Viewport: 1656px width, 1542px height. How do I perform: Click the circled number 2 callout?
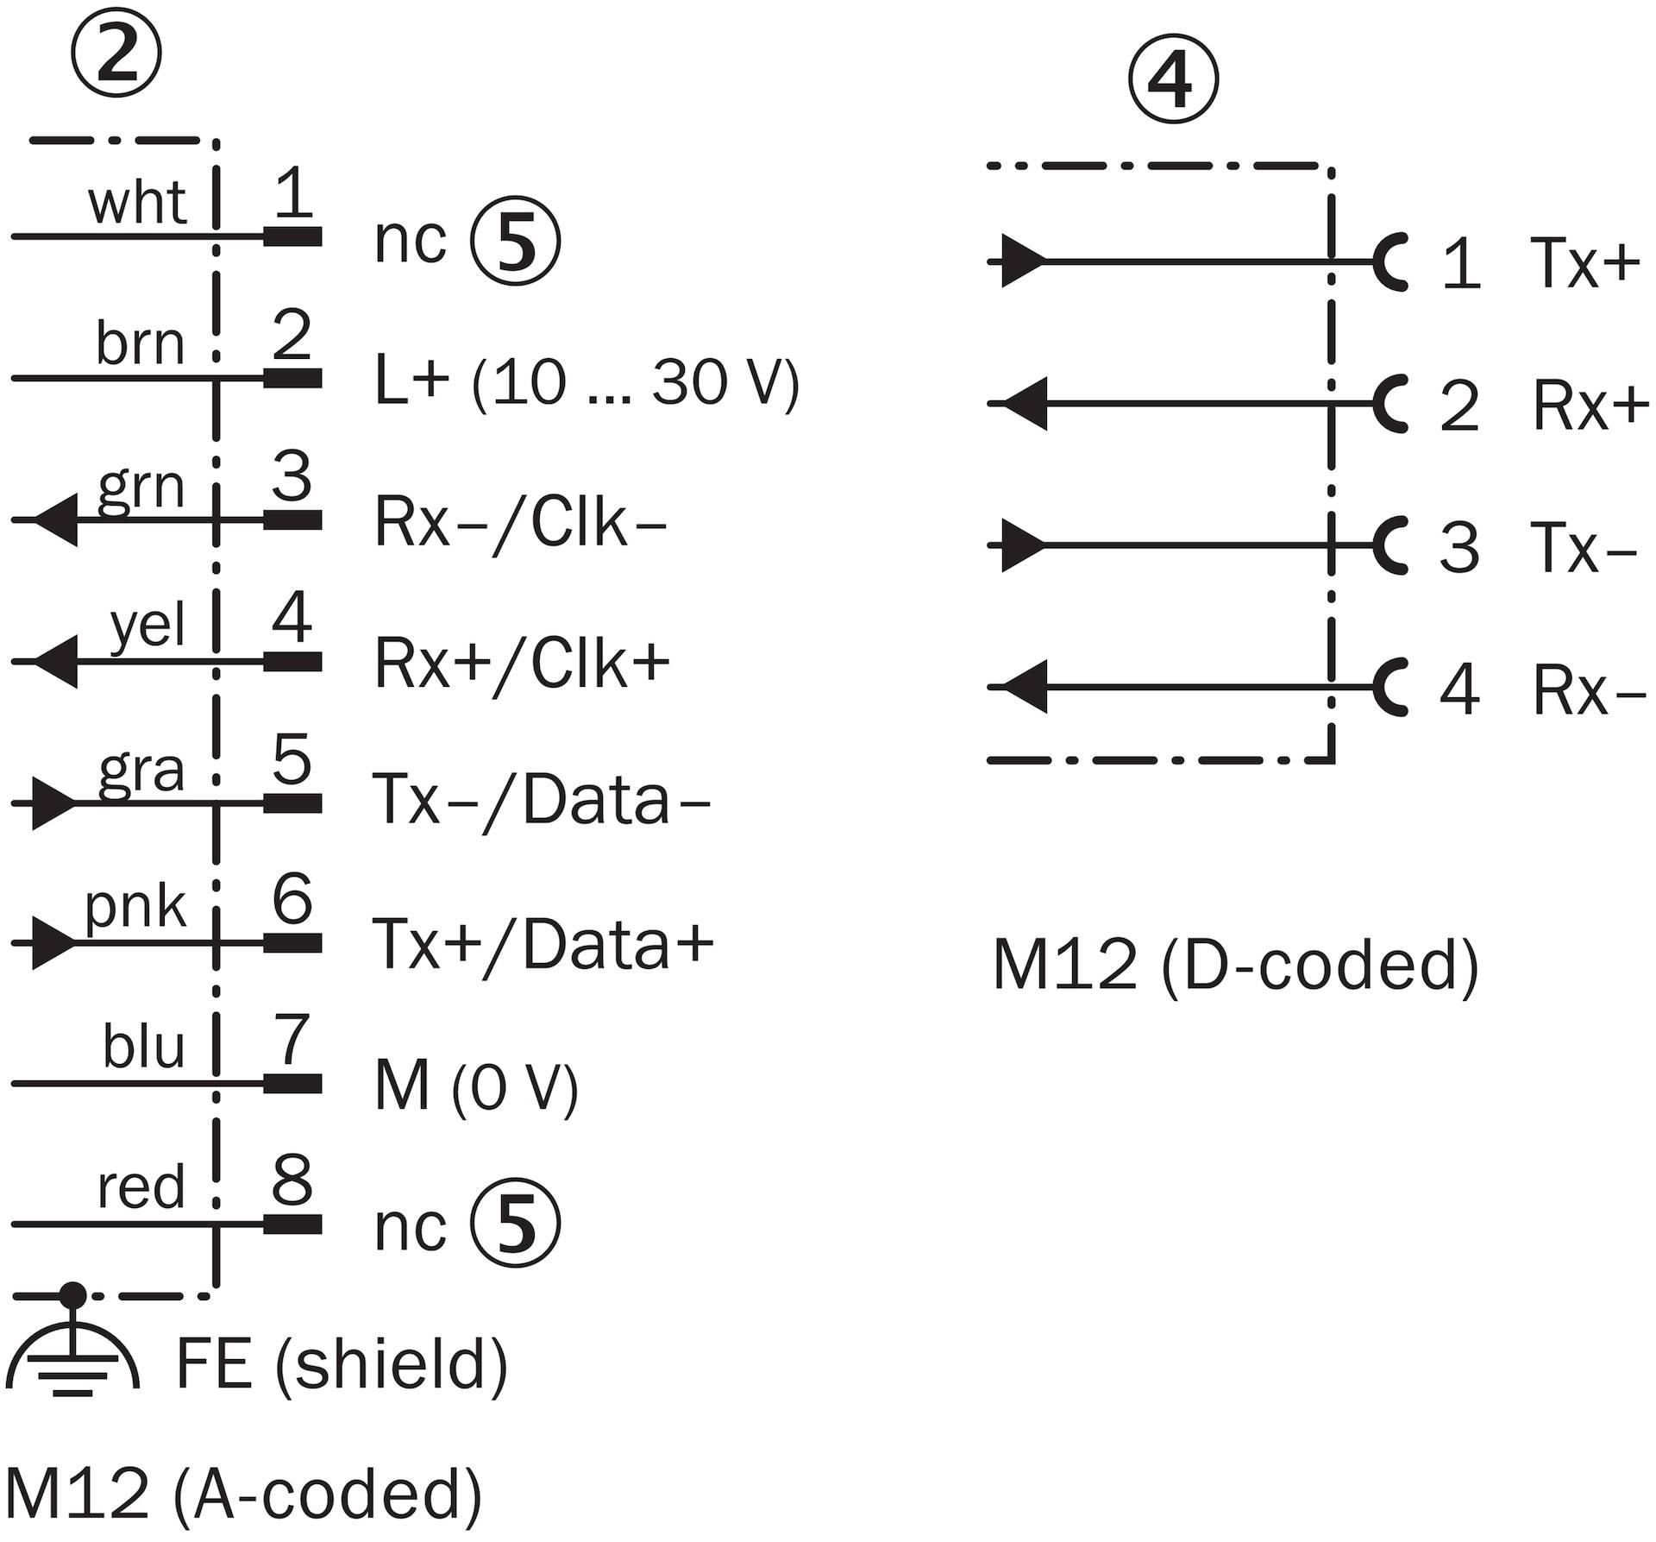pos(116,53)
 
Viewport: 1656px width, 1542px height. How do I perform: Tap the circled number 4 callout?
pos(1173,80)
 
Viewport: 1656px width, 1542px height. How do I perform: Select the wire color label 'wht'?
pos(137,204)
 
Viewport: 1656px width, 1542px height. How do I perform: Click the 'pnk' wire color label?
pos(135,907)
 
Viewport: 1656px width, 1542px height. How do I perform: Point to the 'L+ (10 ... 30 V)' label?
pos(587,381)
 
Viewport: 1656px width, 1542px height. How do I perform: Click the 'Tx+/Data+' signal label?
pos(543,945)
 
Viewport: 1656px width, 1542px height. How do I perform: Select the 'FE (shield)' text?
pos(342,1364)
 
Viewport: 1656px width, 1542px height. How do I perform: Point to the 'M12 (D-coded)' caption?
pos(1236,965)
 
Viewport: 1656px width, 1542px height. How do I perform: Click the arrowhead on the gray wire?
pos(54,803)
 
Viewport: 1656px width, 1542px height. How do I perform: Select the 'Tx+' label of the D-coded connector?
pos(1584,262)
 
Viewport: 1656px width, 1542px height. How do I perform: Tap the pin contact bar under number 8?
pos(292,1224)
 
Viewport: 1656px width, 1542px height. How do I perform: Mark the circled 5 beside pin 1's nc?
pos(516,240)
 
